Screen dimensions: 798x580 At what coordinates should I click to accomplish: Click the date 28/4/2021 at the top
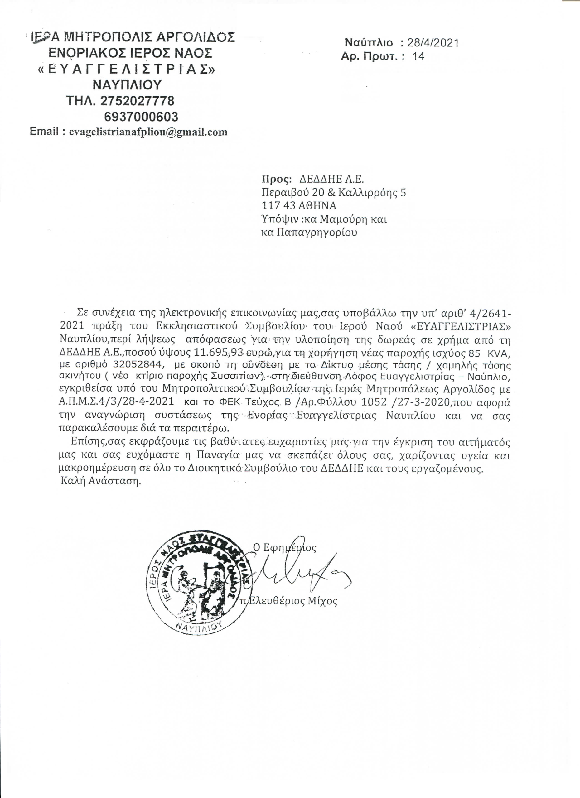click(x=433, y=43)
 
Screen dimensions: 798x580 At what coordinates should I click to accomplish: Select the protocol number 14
click(x=419, y=56)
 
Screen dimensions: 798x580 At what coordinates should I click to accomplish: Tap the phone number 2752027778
click(x=137, y=101)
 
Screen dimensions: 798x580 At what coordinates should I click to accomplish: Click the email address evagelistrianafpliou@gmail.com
click(x=148, y=132)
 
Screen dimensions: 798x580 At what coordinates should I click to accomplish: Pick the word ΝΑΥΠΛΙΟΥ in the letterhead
click(x=127, y=85)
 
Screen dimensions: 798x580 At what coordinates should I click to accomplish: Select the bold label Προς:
click(x=277, y=180)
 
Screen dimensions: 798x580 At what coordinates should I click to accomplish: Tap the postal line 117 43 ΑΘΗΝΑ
click(x=299, y=205)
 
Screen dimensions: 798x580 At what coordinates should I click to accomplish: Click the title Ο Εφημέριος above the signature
click(x=285, y=547)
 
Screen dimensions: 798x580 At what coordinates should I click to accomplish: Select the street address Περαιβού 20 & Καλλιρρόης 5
click(x=334, y=192)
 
